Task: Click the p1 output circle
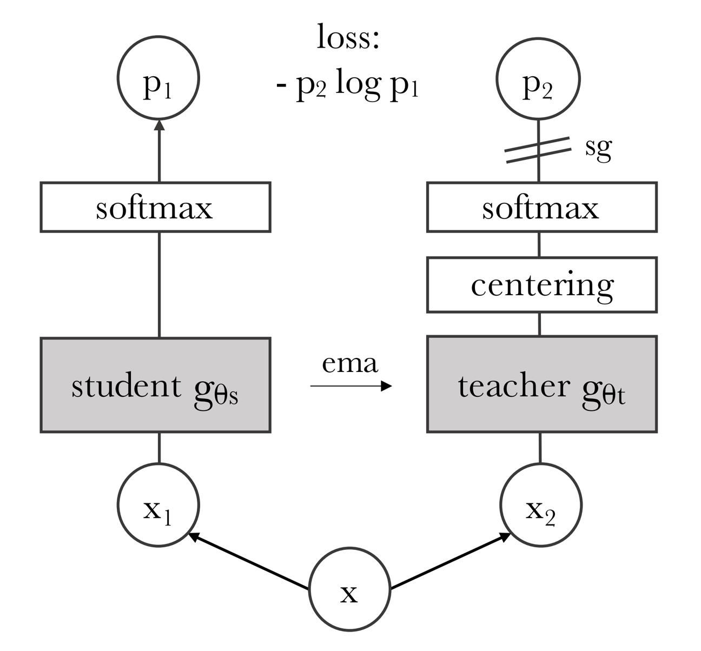pyautogui.click(x=158, y=36)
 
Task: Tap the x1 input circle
pyautogui.click(x=158, y=464)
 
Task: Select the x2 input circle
pyautogui.click(x=541, y=464)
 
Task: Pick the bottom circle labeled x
pyautogui.click(x=349, y=549)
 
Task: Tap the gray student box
pyautogui.click(x=156, y=385)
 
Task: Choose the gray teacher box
pyautogui.click(x=542, y=384)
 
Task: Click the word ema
pyautogui.click(x=350, y=363)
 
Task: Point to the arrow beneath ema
pyautogui.click(x=351, y=386)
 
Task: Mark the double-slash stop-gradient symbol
pyautogui.click(x=538, y=150)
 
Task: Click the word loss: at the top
pyautogui.click(x=348, y=37)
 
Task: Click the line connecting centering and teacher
pyautogui.click(x=540, y=324)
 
